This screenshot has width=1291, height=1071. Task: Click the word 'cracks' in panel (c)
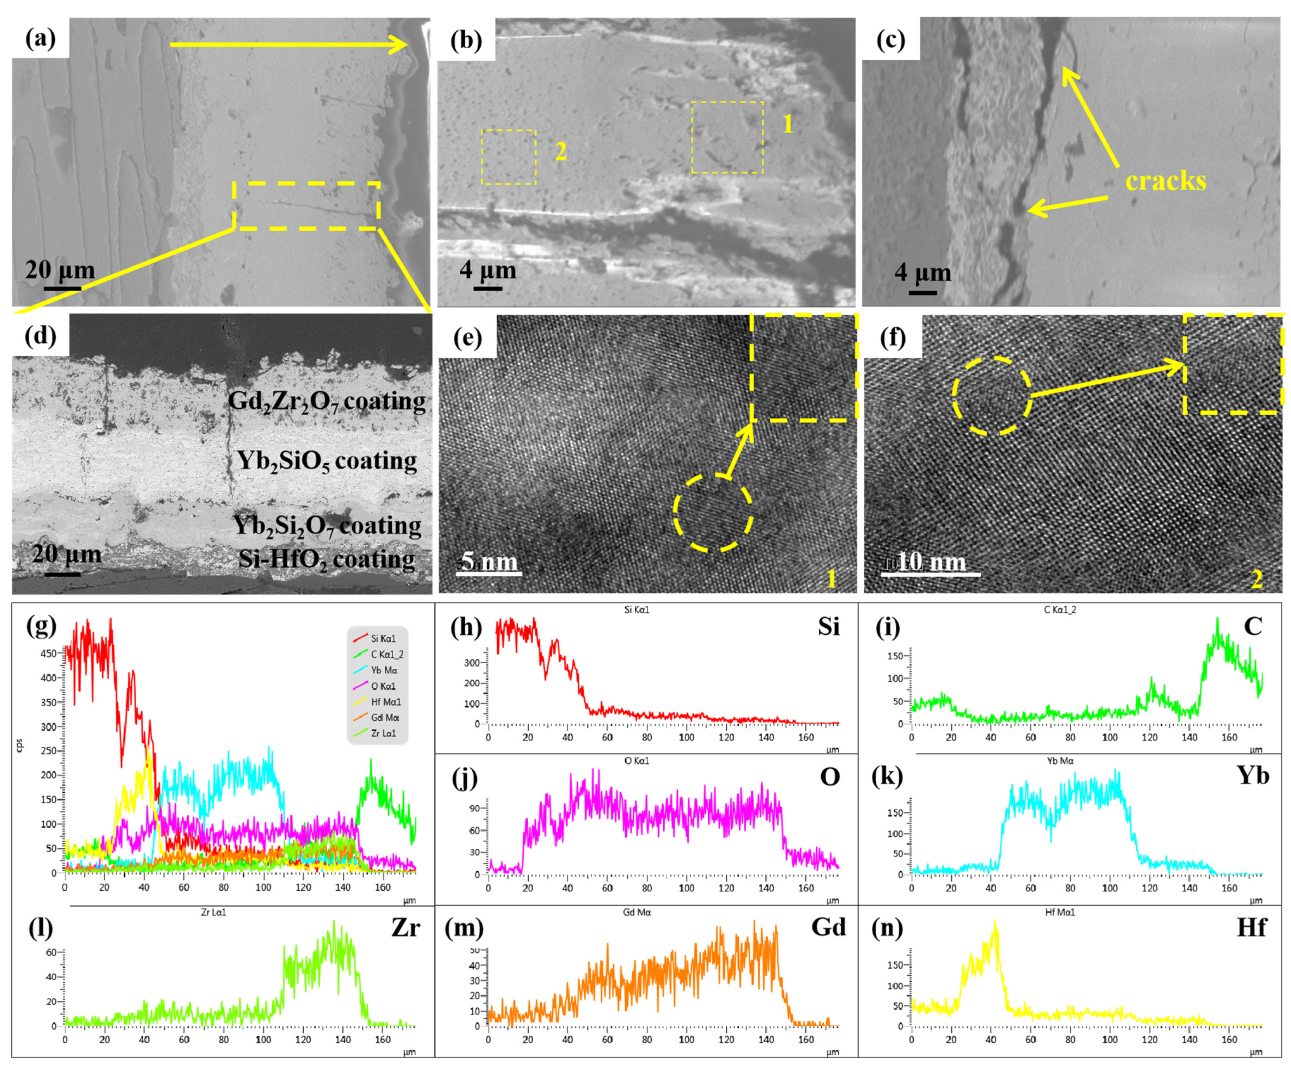1166,181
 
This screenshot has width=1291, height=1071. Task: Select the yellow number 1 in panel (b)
788,125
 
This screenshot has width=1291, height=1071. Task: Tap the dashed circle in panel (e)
713,513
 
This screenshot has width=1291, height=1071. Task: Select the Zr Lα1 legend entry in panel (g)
383,733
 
